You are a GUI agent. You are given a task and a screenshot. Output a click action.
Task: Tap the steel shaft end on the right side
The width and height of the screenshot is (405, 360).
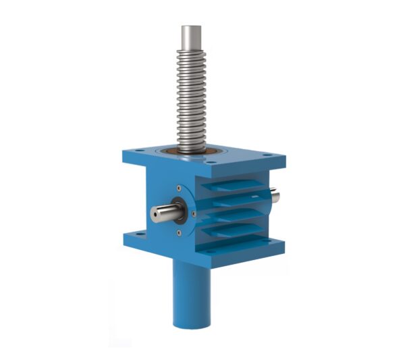(275, 195)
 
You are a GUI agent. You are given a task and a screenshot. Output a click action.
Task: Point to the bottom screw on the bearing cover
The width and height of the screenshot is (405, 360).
(178, 233)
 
